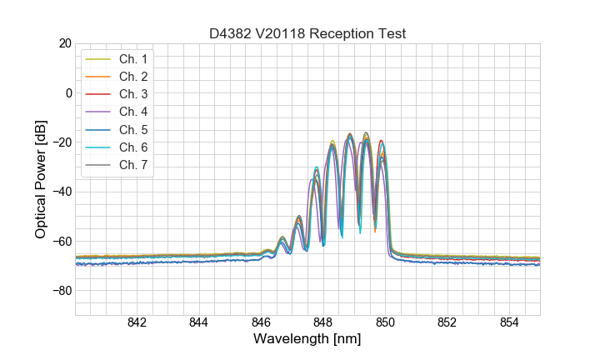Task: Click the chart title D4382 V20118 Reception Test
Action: (307, 33)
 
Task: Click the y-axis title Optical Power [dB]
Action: (40, 179)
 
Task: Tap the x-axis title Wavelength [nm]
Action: (307, 340)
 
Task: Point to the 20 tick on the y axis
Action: (64, 43)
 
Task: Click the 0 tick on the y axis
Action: (67, 92)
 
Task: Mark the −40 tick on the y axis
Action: (61, 192)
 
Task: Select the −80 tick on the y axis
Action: (61, 291)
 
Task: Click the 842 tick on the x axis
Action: (137, 322)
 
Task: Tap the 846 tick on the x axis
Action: (261, 322)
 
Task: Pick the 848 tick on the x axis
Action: (323, 322)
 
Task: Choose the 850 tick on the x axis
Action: (385, 322)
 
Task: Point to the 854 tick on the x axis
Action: (509, 322)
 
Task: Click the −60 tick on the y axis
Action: (61, 241)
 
